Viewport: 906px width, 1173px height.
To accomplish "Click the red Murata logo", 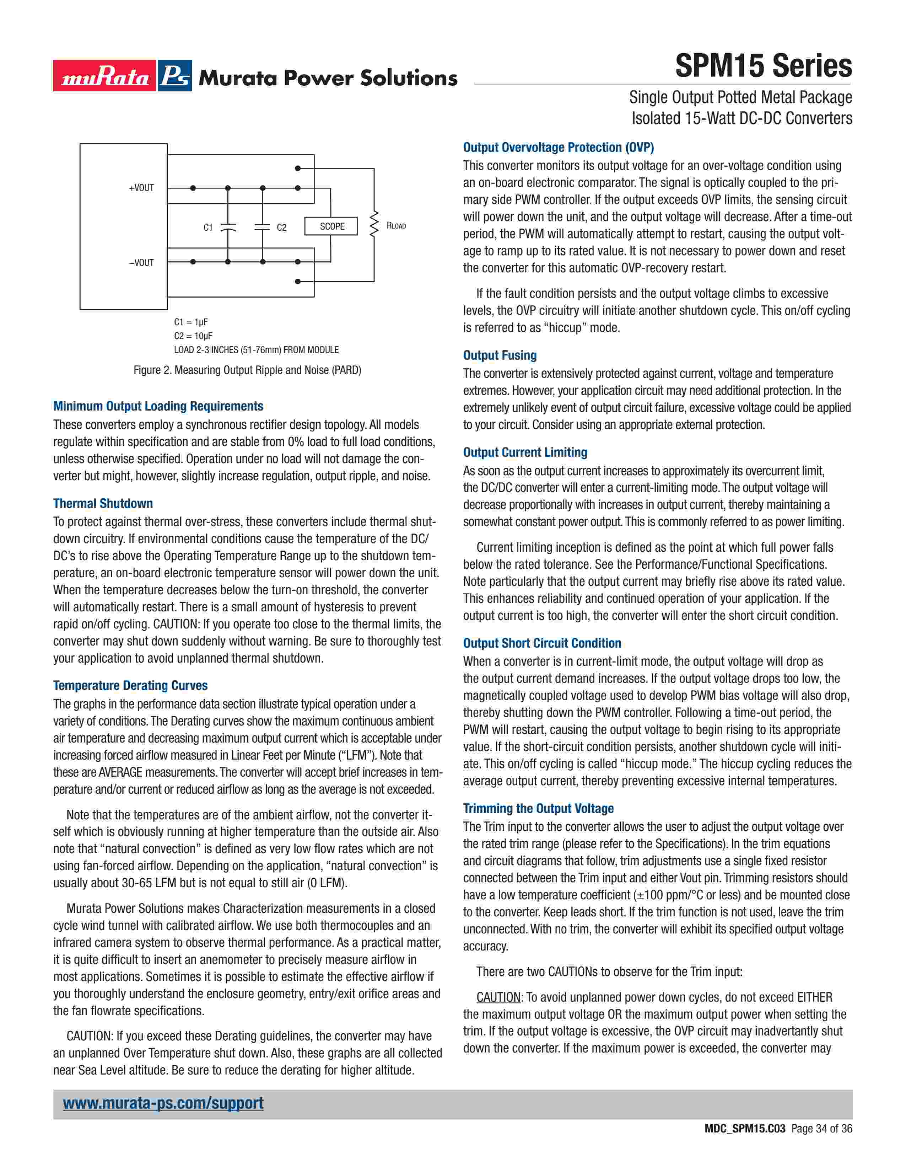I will click(105, 76).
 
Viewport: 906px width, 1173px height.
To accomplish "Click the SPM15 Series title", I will click(763, 66).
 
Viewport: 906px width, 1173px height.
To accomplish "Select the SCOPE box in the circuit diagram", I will click(331, 226).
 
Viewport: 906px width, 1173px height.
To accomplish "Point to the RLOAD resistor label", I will click(396, 226).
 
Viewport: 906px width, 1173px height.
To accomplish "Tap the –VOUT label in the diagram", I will click(141, 263).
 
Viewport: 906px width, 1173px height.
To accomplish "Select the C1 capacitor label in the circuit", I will click(208, 227).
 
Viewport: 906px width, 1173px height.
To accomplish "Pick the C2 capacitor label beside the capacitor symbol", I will click(281, 227).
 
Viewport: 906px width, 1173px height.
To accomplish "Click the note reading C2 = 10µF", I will click(193, 336).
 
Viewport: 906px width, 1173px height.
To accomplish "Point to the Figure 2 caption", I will click(247, 370).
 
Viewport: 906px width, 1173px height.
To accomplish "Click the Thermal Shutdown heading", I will click(103, 503).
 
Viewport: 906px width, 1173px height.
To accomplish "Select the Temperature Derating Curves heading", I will click(130, 685).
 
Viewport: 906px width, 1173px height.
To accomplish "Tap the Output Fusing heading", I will click(500, 355).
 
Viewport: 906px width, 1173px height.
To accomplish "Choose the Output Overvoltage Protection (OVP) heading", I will click(558, 147).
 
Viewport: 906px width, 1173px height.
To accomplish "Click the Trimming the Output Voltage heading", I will click(538, 808).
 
